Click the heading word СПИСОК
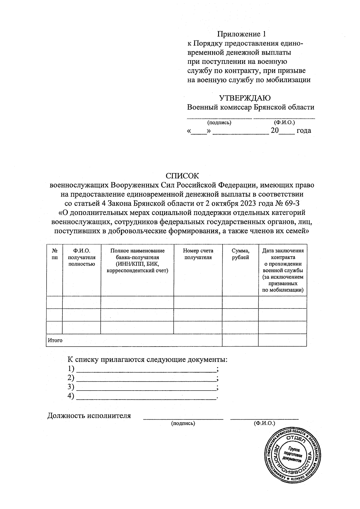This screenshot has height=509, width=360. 182,176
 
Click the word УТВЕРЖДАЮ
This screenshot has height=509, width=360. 245,98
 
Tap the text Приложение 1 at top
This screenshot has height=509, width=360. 241,34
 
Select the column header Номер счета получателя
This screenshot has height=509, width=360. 198,254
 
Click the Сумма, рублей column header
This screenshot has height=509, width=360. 240,254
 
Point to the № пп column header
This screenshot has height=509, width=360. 55,254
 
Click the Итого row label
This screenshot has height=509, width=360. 55,340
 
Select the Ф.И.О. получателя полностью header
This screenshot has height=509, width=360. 82,257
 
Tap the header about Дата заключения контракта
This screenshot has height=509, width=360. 283,270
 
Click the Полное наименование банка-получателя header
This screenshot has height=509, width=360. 137,260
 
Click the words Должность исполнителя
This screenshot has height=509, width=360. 89,416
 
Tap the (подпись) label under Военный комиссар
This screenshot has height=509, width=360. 219,122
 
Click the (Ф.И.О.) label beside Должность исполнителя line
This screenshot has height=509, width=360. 264,423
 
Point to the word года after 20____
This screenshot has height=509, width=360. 304,130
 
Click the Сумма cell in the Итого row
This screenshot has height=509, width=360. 240,340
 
